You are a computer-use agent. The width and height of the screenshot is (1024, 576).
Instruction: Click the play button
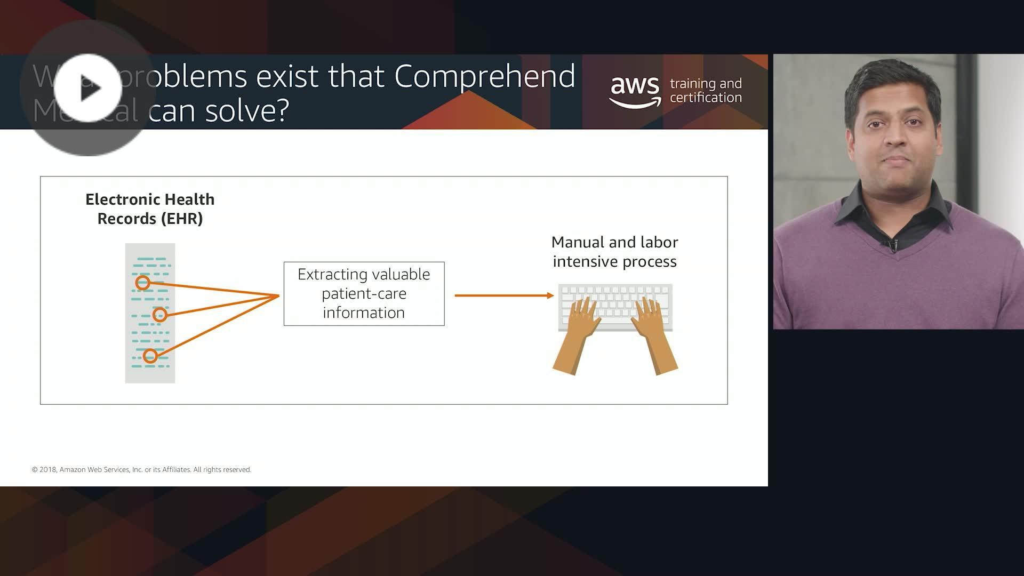[x=88, y=89]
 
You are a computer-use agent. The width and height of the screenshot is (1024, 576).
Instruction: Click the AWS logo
[x=635, y=91]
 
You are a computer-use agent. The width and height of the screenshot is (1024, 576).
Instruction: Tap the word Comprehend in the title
[x=484, y=76]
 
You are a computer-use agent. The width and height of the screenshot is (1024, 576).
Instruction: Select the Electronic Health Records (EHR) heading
[x=150, y=209]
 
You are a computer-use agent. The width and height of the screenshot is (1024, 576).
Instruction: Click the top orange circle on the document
[x=142, y=283]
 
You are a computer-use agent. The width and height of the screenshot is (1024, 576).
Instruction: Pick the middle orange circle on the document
[x=159, y=315]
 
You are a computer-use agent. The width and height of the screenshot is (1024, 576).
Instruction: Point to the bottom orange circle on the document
[x=150, y=356]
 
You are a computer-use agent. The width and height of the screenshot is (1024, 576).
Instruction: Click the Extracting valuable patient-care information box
[x=364, y=293]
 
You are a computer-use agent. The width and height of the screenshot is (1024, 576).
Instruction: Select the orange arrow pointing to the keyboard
[x=503, y=295]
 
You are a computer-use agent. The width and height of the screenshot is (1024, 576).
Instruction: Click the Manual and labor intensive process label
[x=614, y=252]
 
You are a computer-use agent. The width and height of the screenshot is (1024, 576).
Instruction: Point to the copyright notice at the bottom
[x=141, y=469]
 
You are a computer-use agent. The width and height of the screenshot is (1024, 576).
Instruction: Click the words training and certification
[x=705, y=91]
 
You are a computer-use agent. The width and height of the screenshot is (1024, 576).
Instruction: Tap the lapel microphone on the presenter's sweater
[x=890, y=246]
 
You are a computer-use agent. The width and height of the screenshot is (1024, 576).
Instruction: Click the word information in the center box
[x=364, y=313]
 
